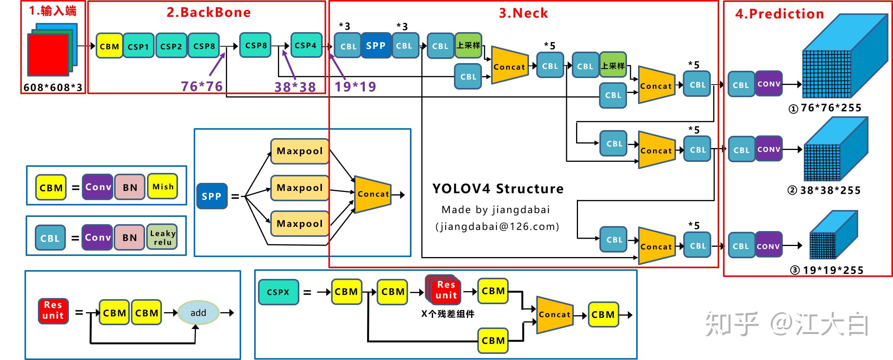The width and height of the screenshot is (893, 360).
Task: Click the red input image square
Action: point(48,54)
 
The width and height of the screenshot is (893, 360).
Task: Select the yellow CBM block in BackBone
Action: point(109,46)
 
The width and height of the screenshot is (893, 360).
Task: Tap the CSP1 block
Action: point(138,46)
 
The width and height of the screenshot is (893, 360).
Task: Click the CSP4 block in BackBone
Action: point(306,45)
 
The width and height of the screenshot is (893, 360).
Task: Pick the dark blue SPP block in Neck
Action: point(375,46)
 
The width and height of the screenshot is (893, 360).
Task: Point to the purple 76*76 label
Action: point(201,86)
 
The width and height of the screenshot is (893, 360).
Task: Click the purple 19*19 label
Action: point(355,87)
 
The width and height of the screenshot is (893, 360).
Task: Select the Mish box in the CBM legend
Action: point(163,187)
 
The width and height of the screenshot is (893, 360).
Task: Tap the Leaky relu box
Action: point(162,237)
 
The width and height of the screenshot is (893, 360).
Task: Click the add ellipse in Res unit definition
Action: point(198,313)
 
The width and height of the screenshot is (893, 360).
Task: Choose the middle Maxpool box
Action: point(300,188)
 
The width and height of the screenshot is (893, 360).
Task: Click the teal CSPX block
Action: point(278,292)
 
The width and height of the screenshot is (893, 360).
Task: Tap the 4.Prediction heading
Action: point(779,14)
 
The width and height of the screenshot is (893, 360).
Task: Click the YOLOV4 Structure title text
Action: point(498,189)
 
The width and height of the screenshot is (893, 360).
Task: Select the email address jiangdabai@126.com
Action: point(497,226)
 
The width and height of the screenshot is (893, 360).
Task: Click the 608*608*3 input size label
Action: point(53,88)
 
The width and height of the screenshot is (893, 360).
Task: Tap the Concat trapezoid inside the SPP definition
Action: point(373,194)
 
